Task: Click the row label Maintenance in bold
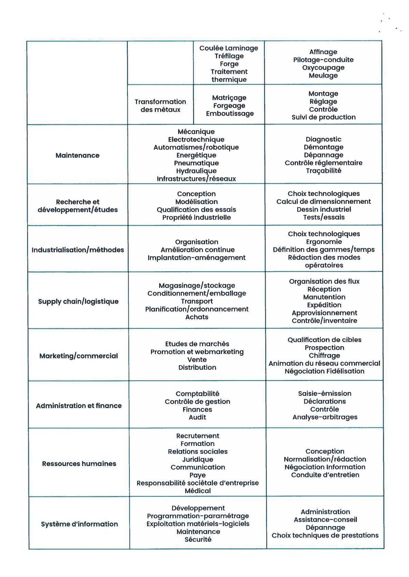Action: pos(77,155)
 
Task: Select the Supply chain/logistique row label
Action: pos(78,301)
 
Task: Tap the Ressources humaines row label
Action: pos(79,464)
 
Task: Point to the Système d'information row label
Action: pos(79,524)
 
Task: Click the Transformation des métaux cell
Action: pos(160,106)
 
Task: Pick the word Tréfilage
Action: pos(229,56)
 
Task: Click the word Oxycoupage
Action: pos(323,67)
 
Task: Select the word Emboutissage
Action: pos(230,113)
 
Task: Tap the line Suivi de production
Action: pos(323,117)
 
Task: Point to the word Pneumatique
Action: pos(196,163)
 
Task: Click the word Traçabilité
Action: pos(323,171)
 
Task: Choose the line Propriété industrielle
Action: pos(196,217)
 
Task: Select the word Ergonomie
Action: pos(324,242)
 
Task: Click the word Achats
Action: pos(197,317)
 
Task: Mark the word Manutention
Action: pos(324,297)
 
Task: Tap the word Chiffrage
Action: pos(324,355)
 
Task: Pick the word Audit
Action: pos(197,417)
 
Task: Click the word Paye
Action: pos(198,475)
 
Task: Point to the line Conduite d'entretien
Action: pos(325,475)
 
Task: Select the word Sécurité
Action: pos(198,540)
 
